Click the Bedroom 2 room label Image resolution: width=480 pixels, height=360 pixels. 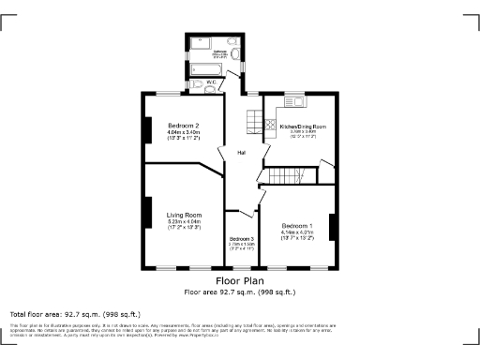tap(184, 126)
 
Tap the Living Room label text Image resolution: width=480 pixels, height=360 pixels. tap(184, 214)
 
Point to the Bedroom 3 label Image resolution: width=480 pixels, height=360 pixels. tap(241, 239)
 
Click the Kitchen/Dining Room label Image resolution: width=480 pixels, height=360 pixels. tap(303, 126)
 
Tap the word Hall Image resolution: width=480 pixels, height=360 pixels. tap(241, 153)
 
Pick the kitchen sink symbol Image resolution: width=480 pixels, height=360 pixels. tap(292, 105)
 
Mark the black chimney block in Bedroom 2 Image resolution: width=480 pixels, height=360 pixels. tap(147, 128)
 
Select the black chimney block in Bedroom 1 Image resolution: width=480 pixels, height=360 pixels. tap(332, 226)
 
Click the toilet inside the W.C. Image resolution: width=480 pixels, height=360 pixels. tap(199, 87)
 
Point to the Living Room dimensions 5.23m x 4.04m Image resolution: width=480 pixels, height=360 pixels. tap(184, 221)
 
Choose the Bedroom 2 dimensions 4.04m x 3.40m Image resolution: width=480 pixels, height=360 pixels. tap(184, 132)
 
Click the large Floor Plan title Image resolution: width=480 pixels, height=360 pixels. tap(240, 280)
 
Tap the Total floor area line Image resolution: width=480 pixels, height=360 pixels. tap(74, 313)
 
